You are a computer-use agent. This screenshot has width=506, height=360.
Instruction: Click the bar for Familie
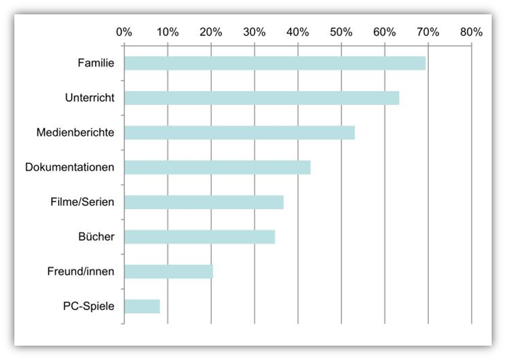click(275, 64)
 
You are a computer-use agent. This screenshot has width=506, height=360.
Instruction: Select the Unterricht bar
click(262, 98)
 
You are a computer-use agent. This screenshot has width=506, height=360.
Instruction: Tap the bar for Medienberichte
click(239, 133)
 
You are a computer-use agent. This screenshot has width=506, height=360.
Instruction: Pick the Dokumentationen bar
click(217, 167)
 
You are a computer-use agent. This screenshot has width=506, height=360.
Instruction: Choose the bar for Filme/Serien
click(203, 202)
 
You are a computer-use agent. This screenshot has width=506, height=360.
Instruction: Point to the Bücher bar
click(199, 237)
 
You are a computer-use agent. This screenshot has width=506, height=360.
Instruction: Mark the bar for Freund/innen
click(168, 272)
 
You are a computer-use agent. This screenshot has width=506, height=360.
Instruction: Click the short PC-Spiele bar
click(142, 306)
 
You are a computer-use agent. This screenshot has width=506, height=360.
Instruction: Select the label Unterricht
click(89, 98)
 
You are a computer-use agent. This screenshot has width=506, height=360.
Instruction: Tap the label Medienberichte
click(75, 133)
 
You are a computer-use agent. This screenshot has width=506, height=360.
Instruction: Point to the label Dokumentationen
click(70, 167)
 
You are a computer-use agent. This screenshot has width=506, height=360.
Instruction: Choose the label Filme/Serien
click(83, 202)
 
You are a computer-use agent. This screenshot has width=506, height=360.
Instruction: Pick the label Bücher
click(96, 237)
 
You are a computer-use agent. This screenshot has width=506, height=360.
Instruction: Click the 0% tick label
click(124, 31)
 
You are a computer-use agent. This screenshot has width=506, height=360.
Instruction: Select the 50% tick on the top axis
click(341, 31)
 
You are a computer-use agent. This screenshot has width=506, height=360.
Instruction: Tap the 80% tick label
click(471, 31)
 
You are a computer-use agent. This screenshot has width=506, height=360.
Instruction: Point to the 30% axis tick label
click(254, 31)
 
